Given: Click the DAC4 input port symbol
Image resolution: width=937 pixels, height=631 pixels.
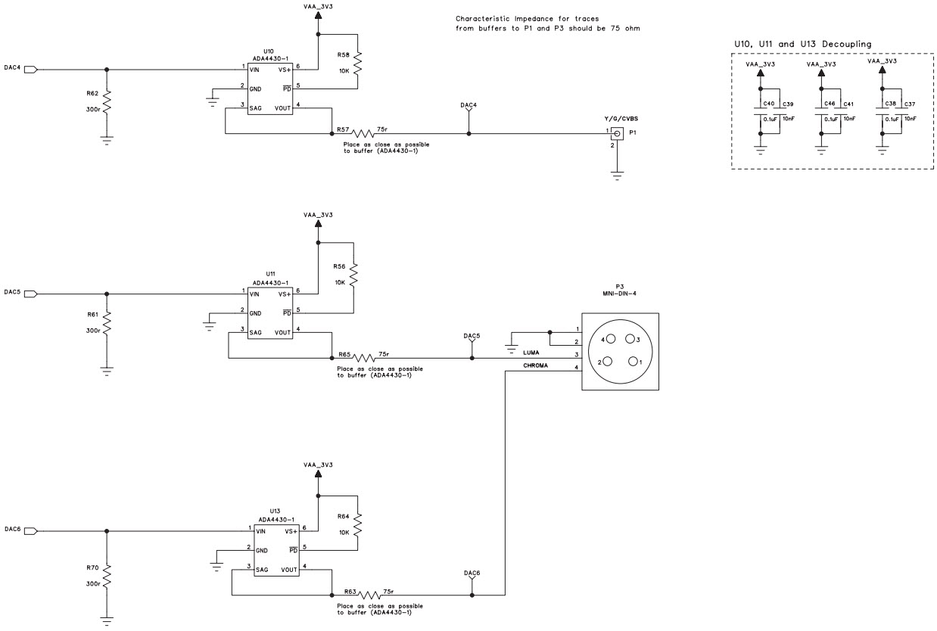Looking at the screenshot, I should (30, 69).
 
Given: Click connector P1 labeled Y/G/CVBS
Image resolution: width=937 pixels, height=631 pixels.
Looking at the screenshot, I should (618, 134).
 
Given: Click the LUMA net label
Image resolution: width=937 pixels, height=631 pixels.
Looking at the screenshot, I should (531, 353).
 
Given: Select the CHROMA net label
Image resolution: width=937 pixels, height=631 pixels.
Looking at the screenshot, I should (536, 365).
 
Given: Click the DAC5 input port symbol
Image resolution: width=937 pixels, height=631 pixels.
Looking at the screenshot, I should (30, 294).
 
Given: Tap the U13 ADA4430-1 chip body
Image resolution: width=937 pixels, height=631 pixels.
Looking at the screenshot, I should (277, 550).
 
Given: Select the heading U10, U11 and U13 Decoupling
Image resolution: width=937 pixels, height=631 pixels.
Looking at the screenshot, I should (803, 45).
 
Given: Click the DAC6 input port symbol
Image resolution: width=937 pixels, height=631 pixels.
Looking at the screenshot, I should (30, 530).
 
